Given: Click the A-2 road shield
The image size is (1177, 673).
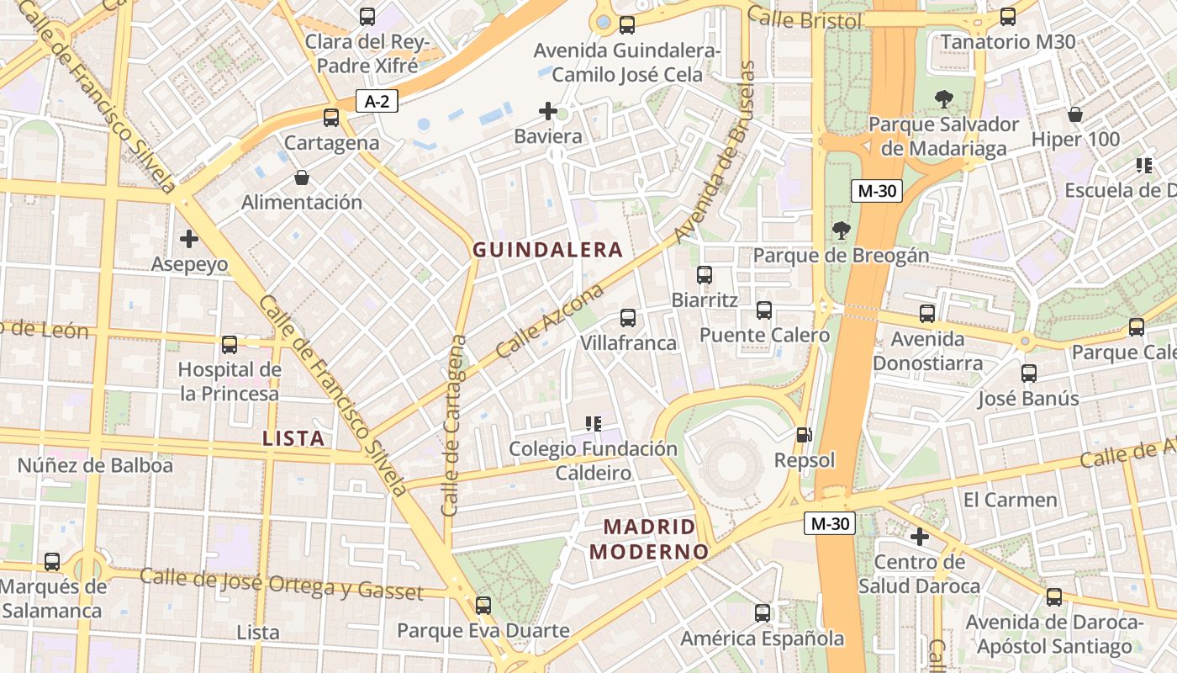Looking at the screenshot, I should click(376, 102).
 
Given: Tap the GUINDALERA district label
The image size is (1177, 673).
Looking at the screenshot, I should click(547, 250).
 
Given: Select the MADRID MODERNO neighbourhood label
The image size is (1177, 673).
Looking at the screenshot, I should click(648, 539).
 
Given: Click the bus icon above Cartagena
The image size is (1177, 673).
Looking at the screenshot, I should click(331, 118).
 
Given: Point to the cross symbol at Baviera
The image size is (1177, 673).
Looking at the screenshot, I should click(548, 110).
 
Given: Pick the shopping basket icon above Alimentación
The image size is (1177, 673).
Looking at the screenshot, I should click(302, 178).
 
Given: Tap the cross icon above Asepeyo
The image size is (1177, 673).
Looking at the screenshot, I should click(189, 239).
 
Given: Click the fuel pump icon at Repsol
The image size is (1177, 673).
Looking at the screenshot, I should click(805, 435).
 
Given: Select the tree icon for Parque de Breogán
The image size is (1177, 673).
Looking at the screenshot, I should click(840, 230).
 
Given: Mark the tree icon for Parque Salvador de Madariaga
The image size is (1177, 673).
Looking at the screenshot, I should click(943, 99).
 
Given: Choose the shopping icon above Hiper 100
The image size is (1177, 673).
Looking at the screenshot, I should click(1074, 114).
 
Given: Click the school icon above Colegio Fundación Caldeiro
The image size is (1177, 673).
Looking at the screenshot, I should click(594, 423).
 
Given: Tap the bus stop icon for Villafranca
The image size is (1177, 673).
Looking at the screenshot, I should click(628, 318).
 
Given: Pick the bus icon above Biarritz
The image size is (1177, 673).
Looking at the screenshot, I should click(705, 275).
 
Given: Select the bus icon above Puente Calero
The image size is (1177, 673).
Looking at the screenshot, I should click(764, 310).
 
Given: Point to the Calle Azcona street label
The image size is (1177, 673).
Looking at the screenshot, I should click(550, 321).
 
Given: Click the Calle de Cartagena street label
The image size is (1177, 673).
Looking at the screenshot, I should click(453, 426).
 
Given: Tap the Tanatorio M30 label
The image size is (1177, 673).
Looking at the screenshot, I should click(1008, 42).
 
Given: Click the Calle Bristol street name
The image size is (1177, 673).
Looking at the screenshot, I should click(805, 18).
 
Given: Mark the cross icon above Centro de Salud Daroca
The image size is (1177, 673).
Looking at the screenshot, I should click(920, 536).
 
